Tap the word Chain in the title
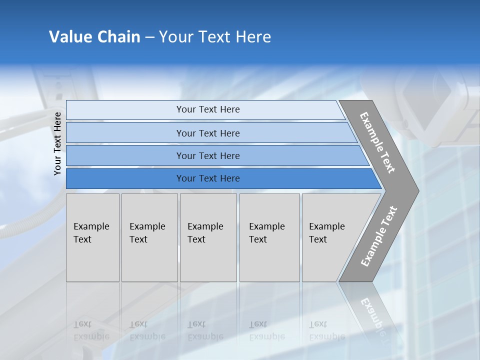[118, 37]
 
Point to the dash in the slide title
[149, 37]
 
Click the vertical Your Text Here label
[57, 143]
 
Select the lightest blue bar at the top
[207, 109]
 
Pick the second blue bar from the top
[208, 133]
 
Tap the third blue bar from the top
[208, 155]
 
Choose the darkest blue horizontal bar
[208, 178]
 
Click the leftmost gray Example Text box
[92, 237]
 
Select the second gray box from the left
[149, 237]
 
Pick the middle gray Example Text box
[207, 237]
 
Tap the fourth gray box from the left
[269, 237]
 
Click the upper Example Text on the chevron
[377, 142]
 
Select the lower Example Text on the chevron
[379, 236]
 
